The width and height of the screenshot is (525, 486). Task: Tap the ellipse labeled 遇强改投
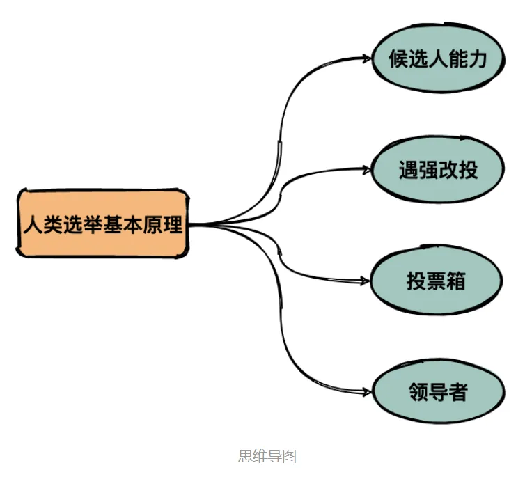point(437,170)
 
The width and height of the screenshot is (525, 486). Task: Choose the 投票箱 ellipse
point(436,281)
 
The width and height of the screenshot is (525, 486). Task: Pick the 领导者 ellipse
point(437,392)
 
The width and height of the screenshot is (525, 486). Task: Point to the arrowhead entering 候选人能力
point(368,58)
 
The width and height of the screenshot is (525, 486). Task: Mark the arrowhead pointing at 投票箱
point(367,281)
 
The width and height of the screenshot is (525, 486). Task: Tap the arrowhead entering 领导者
point(368,392)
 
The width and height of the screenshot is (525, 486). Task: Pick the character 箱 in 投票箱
point(455,281)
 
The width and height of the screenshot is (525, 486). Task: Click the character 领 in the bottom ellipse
point(418,392)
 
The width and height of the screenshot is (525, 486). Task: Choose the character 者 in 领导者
point(457,392)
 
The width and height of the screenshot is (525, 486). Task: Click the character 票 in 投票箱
point(436,281)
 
